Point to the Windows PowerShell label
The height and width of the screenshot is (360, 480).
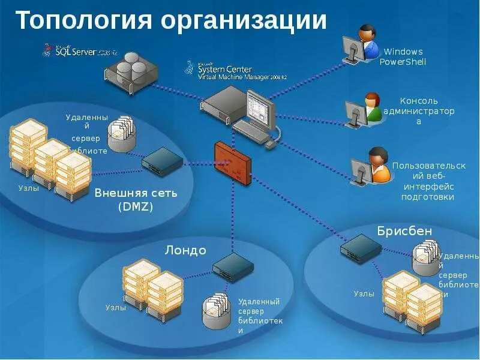pos(403,57)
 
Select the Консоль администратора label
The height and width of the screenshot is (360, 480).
pos(419,111)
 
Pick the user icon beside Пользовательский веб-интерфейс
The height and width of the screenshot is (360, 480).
pos(371,165)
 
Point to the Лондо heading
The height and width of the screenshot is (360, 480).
pos(185,250)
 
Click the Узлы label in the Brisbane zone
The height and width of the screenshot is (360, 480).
pos(364,294)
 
